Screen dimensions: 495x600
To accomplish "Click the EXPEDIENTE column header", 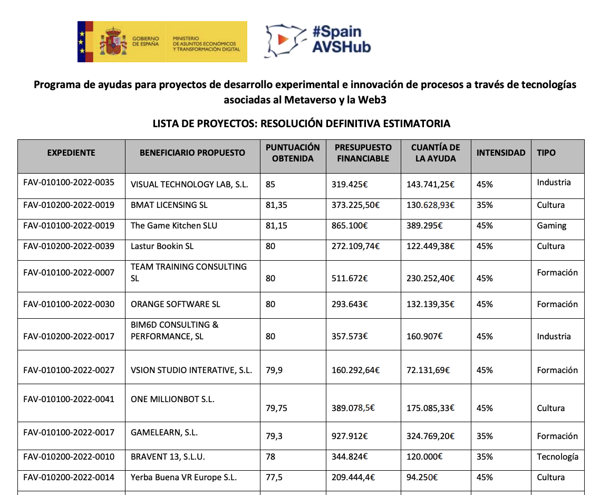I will coord(71,153).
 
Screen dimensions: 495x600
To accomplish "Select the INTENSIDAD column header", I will coord(501,153).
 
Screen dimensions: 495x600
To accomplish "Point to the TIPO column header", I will coord(546,153).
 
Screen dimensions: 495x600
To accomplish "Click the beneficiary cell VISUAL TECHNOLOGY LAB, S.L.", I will coord(189,185).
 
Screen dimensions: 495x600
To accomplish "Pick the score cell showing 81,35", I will coord(276,205).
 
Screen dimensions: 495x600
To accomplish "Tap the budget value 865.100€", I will coord(350,226).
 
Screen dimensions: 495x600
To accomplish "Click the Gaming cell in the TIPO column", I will coord(551,226).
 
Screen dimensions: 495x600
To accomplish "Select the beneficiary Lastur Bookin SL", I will coord(162,246).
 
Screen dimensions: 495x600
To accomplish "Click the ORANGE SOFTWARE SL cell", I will coord(176,304).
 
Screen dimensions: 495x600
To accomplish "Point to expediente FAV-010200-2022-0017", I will coord(69,336).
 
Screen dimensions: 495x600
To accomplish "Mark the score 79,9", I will coord(274,370).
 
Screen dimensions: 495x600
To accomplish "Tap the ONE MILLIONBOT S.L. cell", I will coord(172,399).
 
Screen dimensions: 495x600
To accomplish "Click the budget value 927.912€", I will coord(350,436).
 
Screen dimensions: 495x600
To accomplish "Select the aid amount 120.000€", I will coord(424,456).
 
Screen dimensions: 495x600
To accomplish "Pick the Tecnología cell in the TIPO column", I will coord(557,456).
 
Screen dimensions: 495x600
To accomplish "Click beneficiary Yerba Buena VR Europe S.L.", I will coord(183,477).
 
